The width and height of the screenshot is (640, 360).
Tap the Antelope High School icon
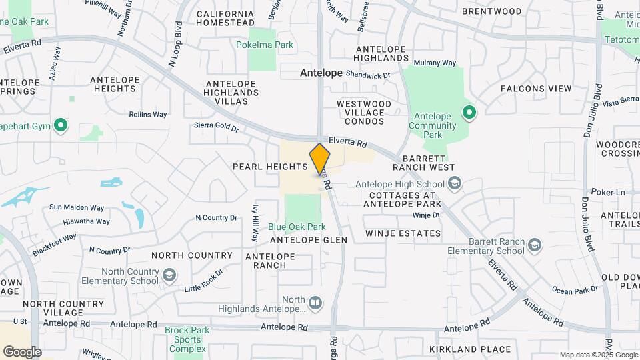pos(455,183)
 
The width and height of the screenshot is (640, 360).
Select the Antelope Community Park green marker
pos(469,113)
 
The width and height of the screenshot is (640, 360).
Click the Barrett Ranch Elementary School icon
pos(534,246)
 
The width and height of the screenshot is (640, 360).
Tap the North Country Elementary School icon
pos(169,275)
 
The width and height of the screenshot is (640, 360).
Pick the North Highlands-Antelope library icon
pos(316,304)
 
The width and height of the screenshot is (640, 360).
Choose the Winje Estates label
pos(403,233)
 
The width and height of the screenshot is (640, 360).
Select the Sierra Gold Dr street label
pos(216,125)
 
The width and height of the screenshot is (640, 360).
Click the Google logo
pos(23,351)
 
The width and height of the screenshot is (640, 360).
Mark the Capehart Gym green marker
pos(61,125)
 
